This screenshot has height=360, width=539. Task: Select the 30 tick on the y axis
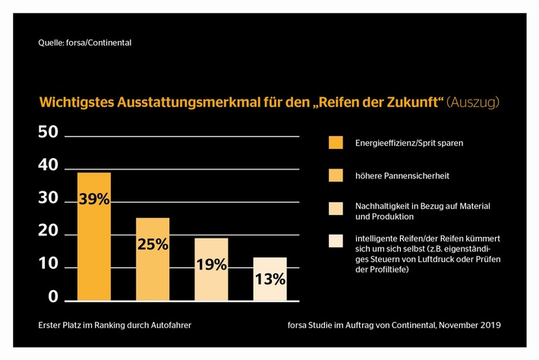[x=48, y=199]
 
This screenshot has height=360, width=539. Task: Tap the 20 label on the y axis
[x=48, y=232]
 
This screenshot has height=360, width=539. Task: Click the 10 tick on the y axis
[x=48, y=265]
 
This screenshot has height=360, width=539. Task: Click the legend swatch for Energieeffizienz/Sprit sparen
[x=336, y=143]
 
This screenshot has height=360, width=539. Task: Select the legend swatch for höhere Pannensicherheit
[x=336, y=175]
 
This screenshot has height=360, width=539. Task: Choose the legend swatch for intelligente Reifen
[x=336, y=241]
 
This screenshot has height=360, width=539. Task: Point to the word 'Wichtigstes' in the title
[x=74, y=102]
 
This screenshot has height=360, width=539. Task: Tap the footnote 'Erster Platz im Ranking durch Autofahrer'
[x=113, y=324]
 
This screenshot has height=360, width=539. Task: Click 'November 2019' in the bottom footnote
[x=471, y=324]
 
